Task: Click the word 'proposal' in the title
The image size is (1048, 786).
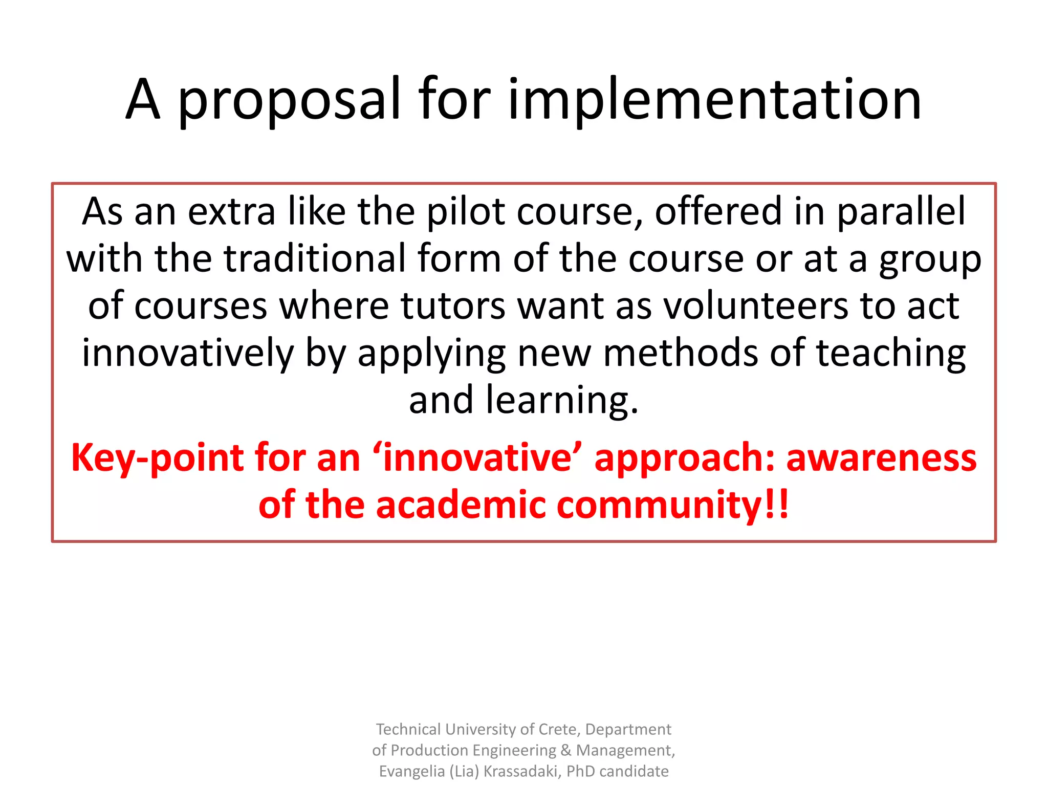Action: click(x=289, y=100)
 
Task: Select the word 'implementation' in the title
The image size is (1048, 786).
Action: click(x=714, y=100)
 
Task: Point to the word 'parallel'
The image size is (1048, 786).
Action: click(x=901, y=211)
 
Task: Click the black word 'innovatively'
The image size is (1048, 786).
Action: click(x=188, y=354)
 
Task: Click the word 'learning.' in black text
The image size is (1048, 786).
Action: click(x=562, y=401)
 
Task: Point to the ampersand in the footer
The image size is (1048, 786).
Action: click(x=566, y=750)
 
